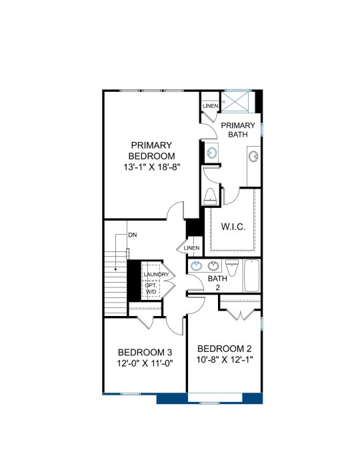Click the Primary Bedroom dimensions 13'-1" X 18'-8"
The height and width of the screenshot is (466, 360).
pyautogui.click(x=152, y=167)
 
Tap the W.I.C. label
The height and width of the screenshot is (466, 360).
pyautogui.click(x=233, y=227)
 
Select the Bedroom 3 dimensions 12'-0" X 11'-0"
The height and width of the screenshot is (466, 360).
pyautogui.click(x=145, y=363)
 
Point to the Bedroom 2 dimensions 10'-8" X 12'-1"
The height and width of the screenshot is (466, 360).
pyautogui.click(x=225, y=359)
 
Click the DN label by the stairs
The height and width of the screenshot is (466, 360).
pyautogui.click(x=133, y=235)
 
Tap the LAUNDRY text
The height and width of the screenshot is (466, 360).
pyautogui.click(x=156, y=275)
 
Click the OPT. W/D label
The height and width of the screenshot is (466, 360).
pyautogui.click(x=151, y=288)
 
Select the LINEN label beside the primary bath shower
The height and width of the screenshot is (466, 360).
pyautogui.click(x=211, y=106)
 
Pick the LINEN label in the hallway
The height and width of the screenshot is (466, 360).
pyautogui.click(x=191, y=248)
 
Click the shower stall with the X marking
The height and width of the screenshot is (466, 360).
pyautogui.click(x=235, y=102)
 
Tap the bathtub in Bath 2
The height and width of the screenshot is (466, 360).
pyautogui.click(x=251, y=276)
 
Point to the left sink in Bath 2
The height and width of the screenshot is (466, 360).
pyautogui.click(x=197, y=266)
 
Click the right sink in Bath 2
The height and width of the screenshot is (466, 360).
pyautogui.click(x=213, y=266)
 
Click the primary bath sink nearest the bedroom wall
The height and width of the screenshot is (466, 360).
pyautogui.click(x=211, y=153)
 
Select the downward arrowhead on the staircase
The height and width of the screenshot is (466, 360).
pyautogui.click(x=115, y=269)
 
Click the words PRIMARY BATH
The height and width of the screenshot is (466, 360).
pyautogui.click(x=238, y=130)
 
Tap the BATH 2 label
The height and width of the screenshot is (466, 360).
pyautogui.click(x=217, y=283)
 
